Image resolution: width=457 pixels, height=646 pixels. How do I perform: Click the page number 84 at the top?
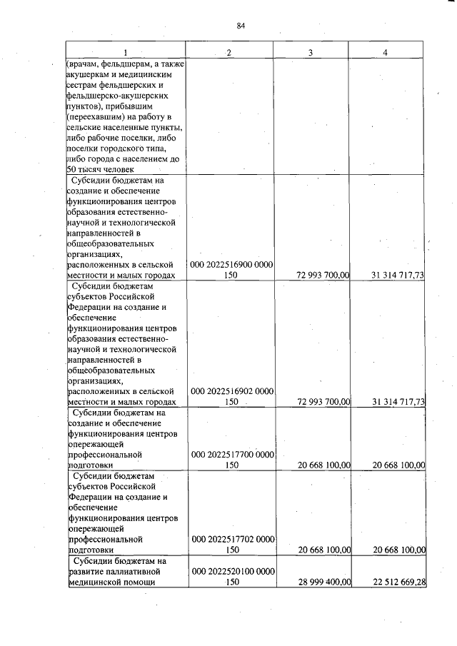point(241,26)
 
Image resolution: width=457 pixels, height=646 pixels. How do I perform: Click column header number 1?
point(126,54)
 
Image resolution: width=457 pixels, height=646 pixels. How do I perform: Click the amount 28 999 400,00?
point(318,582)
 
